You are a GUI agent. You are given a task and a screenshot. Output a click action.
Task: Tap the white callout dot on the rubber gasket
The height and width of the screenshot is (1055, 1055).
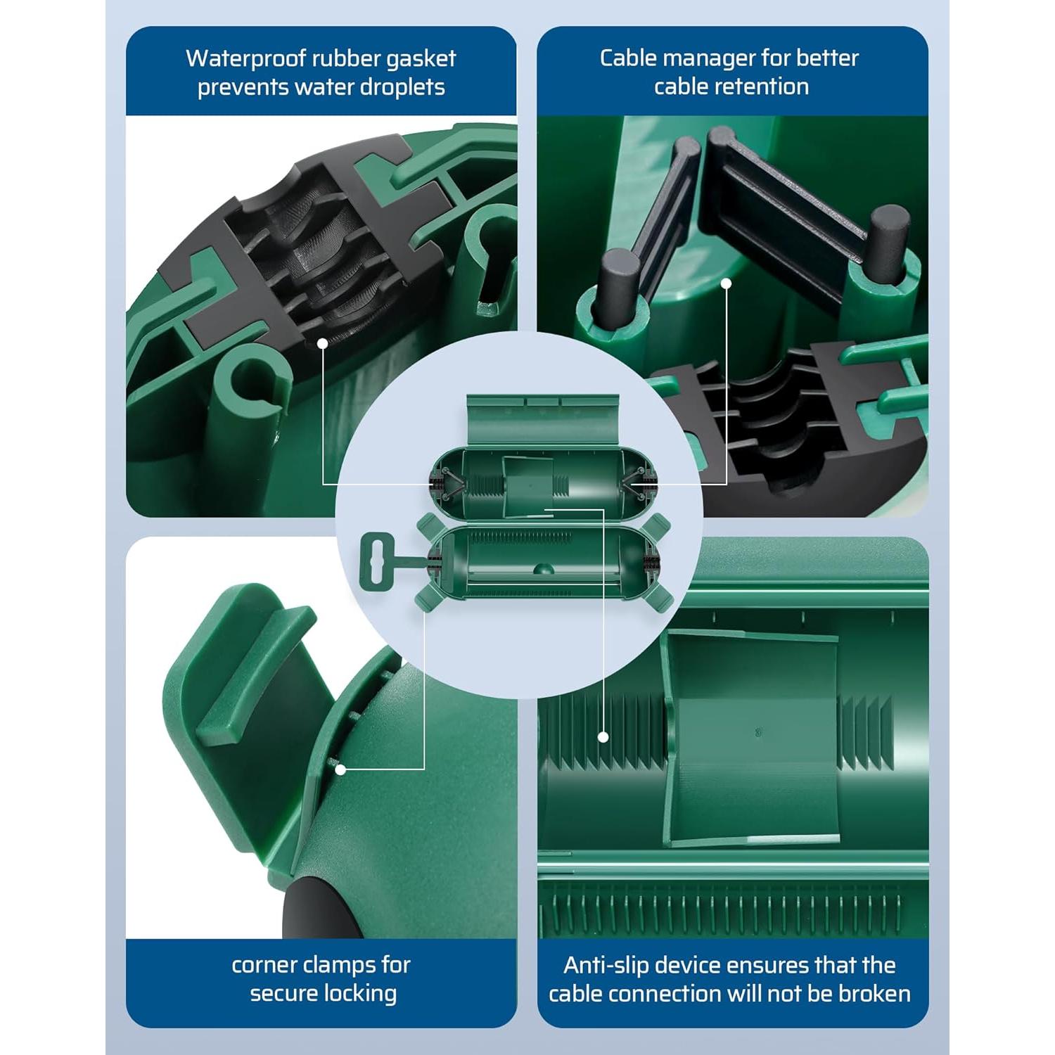(321, 343)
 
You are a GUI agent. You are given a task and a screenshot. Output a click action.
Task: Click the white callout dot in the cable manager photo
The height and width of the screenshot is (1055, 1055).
(727, 283)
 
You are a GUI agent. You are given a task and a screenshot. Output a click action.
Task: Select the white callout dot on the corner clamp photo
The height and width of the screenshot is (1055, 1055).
(340, 769)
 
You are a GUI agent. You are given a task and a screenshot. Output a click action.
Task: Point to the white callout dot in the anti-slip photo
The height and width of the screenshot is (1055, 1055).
(603, 737)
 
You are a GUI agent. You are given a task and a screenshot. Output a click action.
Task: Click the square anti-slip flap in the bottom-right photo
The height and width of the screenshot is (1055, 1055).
(753, 738)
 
